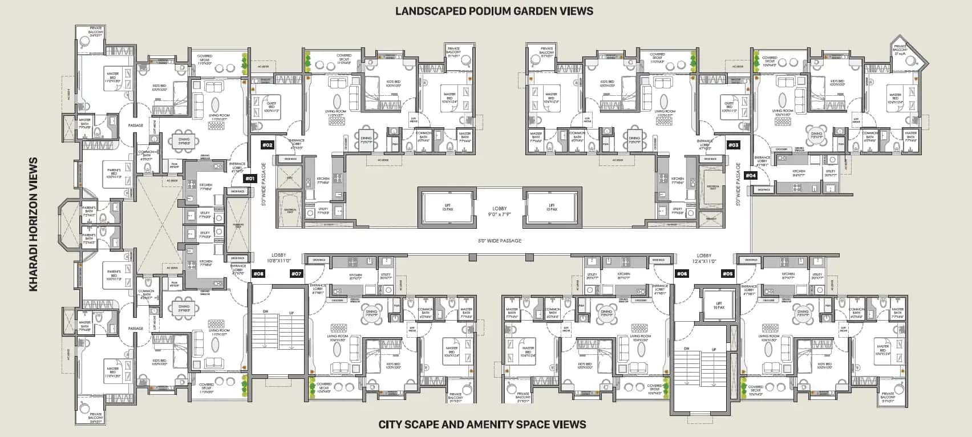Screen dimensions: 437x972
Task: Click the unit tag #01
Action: coord(249,179)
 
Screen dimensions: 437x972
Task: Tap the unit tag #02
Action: coord(268,145)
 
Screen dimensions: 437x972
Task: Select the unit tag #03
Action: coord(733,145)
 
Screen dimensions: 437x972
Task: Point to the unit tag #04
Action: coord(751,175)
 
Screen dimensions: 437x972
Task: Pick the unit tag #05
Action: coord(727,274)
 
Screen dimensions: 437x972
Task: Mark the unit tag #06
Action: coord(682,274)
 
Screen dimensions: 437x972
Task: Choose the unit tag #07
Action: coord(296,274)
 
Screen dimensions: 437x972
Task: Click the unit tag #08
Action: coord(258,274)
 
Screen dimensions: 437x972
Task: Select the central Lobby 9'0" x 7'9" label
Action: coord(499,212)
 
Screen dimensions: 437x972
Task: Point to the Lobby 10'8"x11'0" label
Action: coord(279,258)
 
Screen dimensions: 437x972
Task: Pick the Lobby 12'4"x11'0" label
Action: coord(704,258)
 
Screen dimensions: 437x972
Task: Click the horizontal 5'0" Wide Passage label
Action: coord(499,241)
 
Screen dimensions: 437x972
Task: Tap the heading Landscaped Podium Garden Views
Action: coord(494,11)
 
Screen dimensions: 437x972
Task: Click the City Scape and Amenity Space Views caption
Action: coord(482,424)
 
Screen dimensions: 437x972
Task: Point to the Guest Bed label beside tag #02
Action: coord(272,107)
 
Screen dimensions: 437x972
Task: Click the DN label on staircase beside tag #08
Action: coord(265,311)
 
